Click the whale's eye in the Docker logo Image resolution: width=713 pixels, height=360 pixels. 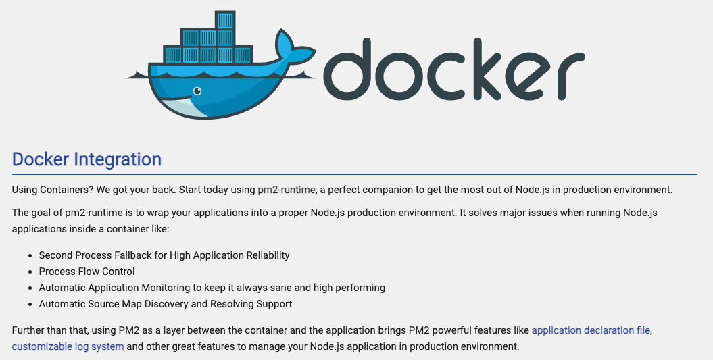197,91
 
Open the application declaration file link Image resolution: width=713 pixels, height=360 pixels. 591,331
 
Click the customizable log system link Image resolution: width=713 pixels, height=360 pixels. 68,347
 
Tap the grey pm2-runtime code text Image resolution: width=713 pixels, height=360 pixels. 287,190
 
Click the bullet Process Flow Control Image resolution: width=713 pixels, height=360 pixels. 87,272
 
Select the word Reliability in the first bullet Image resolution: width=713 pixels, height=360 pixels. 264,255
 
